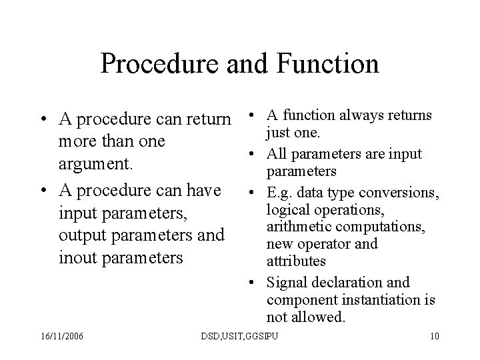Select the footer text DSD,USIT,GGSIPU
239,334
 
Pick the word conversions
407,193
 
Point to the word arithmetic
296,227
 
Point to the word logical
287,210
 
